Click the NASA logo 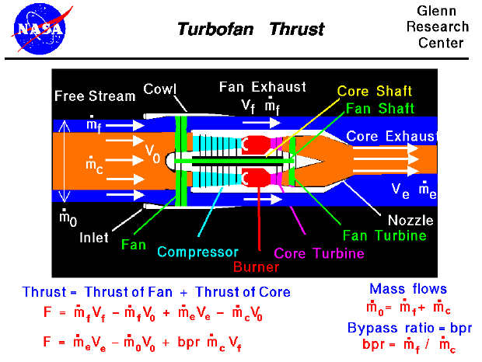(40, 26)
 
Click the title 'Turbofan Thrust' (250, 30)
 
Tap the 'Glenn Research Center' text (442, 26)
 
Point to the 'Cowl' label (160, 90)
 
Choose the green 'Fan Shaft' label (379, 108)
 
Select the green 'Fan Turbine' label (383, 235)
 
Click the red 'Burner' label (256, 267)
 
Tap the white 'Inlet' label (95, 238)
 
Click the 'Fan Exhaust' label (262, 87)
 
